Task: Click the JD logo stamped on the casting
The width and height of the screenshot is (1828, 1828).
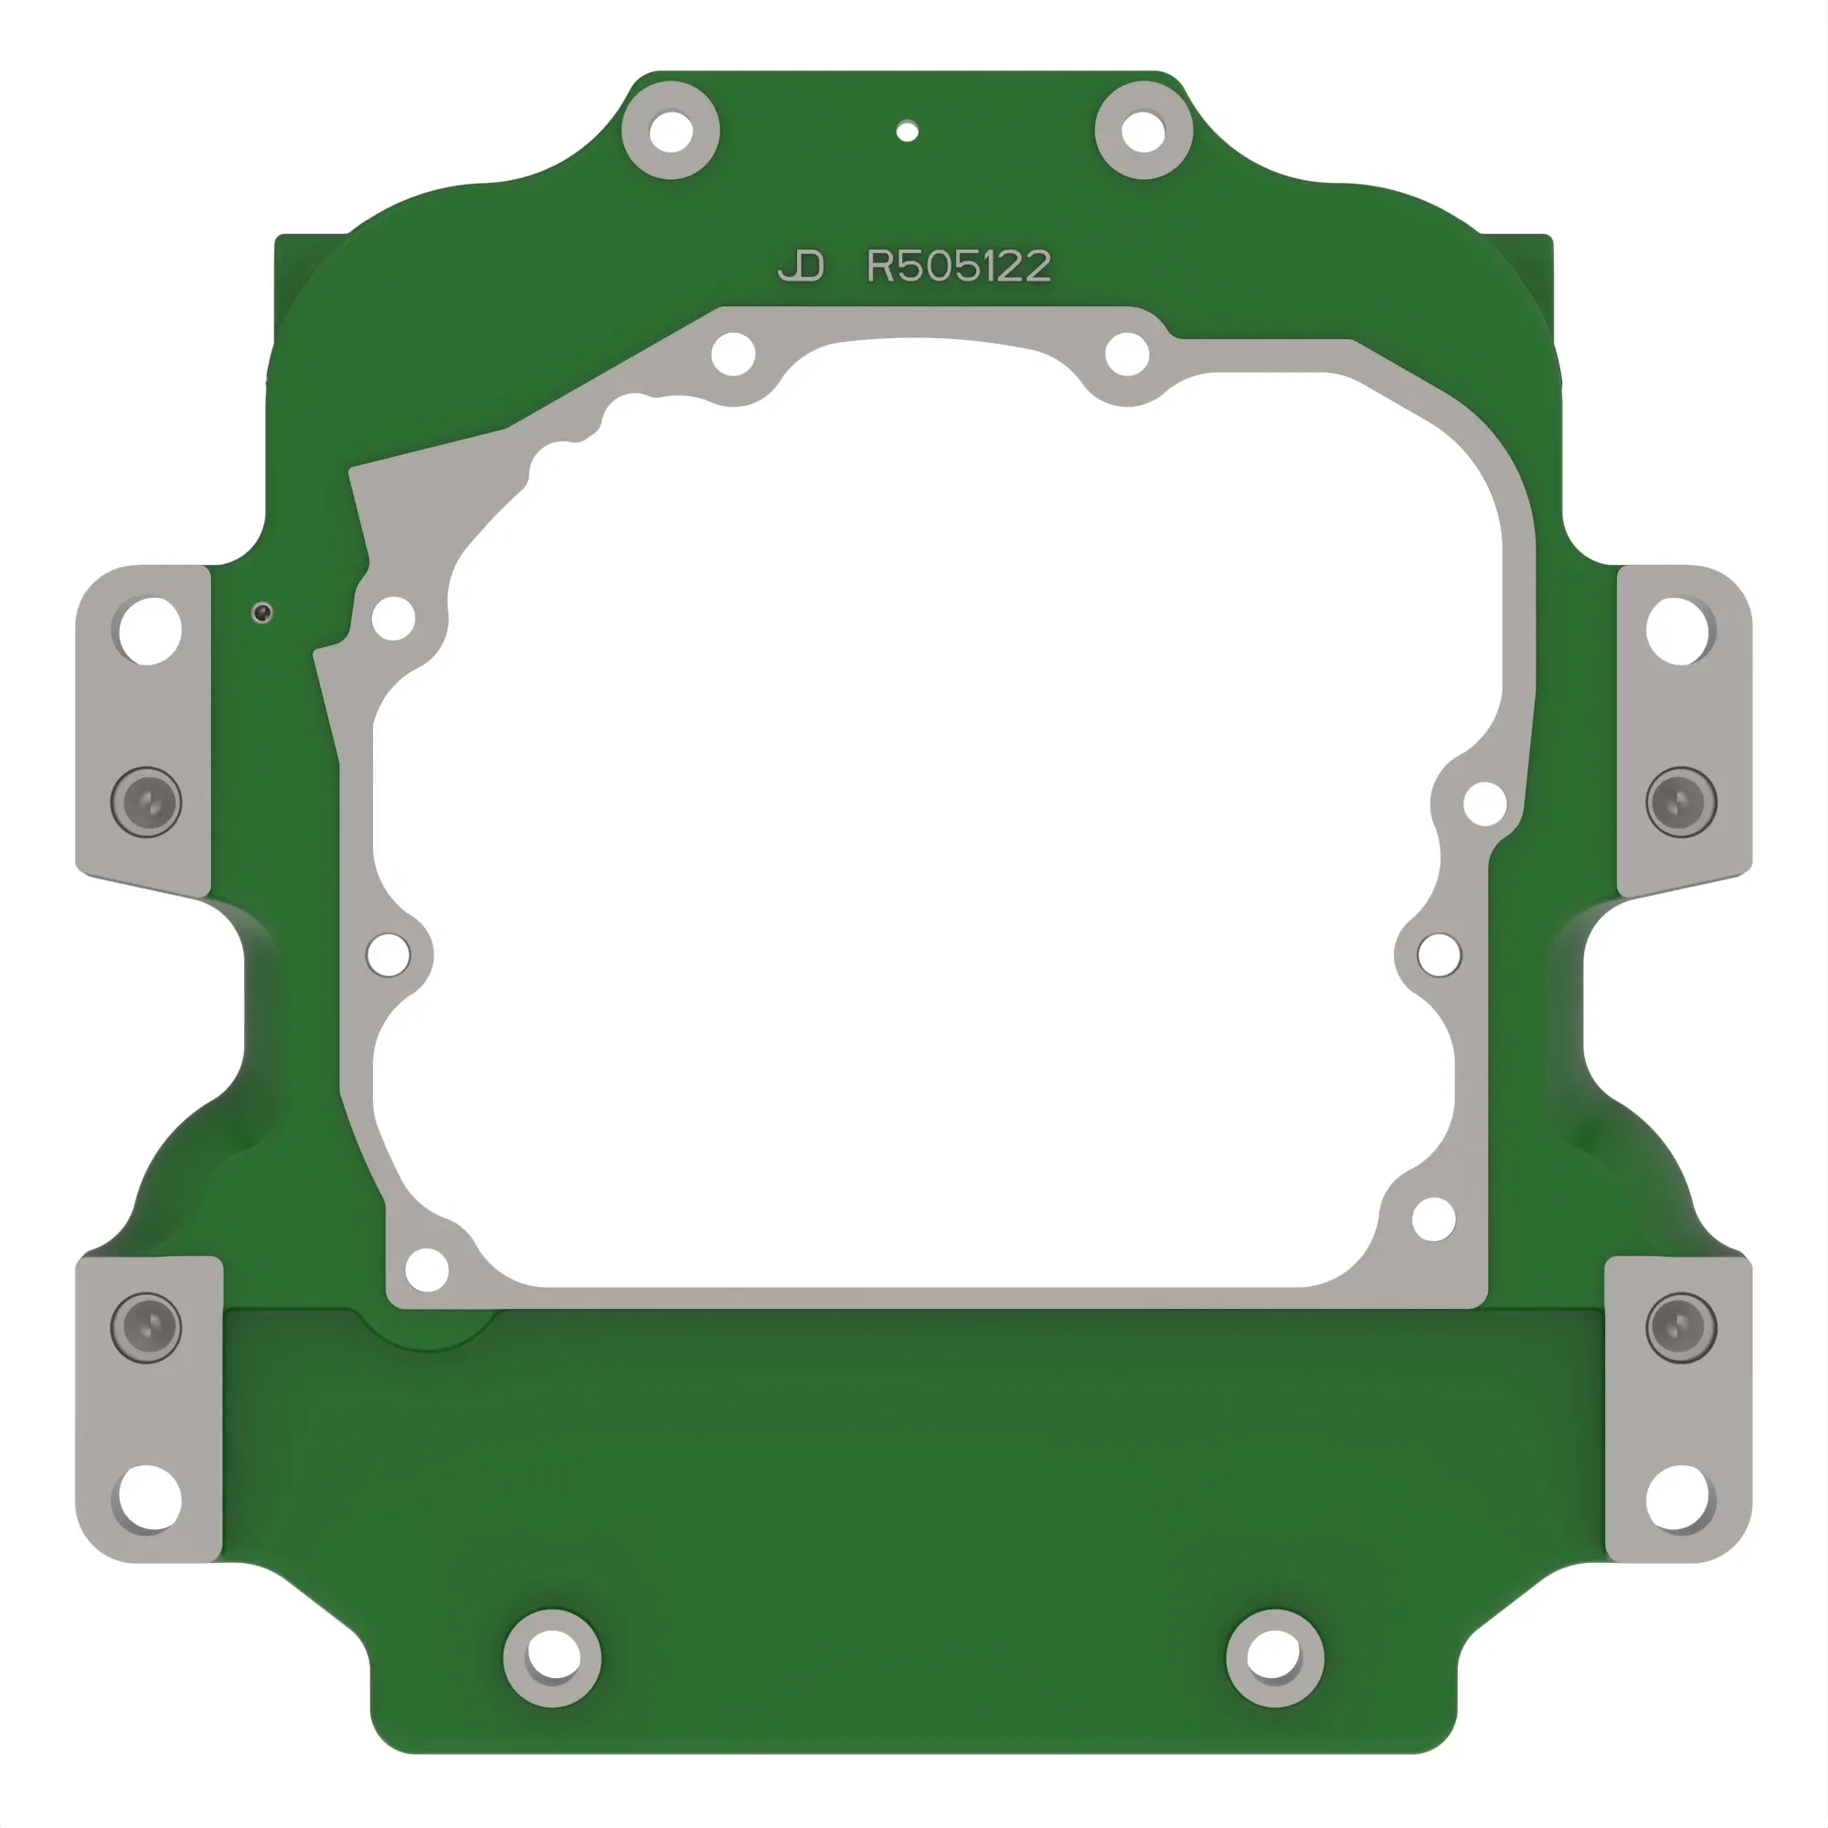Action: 802,267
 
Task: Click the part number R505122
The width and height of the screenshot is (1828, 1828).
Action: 959,267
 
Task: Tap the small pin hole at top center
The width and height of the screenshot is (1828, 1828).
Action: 907,131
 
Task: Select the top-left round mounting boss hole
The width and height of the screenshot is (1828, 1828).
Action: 670,131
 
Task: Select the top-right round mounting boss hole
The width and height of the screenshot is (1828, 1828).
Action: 1143,131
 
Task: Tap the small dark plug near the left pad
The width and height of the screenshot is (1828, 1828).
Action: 262,613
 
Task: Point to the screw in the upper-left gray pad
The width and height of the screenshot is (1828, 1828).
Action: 146,802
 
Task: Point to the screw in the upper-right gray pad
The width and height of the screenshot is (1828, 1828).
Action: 1681,802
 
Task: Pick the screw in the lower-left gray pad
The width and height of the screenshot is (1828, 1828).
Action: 146,1327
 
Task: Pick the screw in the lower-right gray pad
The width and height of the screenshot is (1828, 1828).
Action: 1681,1327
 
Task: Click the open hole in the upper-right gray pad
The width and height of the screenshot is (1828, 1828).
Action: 1676,630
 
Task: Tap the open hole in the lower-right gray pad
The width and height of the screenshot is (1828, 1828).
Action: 1678,1498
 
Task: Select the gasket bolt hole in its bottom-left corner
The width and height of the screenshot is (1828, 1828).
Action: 427,1269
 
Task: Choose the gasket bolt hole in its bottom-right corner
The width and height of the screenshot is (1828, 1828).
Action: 1433,1218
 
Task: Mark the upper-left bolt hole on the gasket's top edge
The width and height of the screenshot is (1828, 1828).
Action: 733,355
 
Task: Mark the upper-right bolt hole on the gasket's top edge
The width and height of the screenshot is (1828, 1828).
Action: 1127,355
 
